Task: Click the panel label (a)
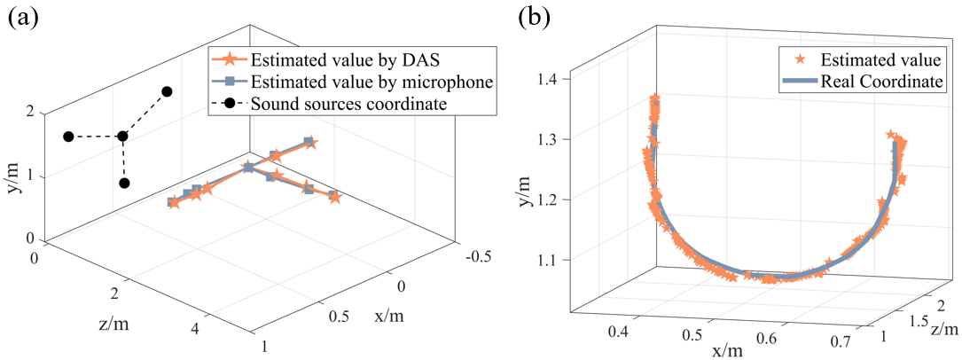point(23,16)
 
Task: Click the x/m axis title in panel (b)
point(727,348)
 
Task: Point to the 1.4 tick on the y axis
point(551,80)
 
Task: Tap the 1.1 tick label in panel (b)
point(551,260)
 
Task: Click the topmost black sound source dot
point(166,91)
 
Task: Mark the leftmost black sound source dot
point(68,137)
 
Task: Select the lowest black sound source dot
point(124,184)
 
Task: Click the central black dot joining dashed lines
point(122,137)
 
